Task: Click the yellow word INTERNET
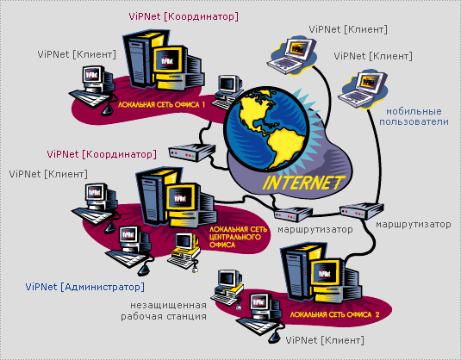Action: pos(303,183)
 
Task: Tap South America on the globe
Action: pos(287,147)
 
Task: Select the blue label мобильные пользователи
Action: pos(414,116)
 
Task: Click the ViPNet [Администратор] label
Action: pos(85,287)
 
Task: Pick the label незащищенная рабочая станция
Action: pos(164,311)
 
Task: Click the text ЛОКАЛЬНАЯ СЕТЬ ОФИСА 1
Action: pos(161,105)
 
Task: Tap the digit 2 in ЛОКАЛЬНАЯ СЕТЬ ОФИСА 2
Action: pos(377,314)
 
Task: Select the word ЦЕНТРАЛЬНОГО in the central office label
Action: pos(235,237)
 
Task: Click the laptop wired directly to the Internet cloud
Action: pos(291,55)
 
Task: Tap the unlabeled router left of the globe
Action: pos(192,152)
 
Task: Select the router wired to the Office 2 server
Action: pos(362,210)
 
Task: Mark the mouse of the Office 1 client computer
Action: pos(108,109)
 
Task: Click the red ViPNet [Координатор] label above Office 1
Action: pos(184,16)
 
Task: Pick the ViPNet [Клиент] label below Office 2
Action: pos(325,340)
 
